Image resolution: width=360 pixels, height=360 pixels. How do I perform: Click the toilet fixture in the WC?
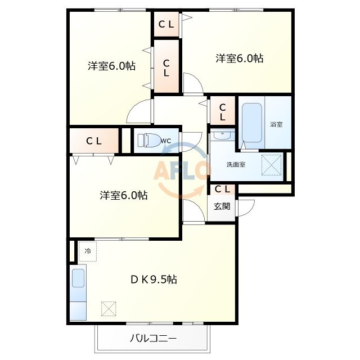[x=148, y=140]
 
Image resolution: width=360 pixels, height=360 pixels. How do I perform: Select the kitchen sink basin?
[x=78, y=278]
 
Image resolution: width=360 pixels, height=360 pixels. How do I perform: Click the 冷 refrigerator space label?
[x=88, y=251]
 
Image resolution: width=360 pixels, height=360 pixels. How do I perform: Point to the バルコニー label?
[x=154, y=338]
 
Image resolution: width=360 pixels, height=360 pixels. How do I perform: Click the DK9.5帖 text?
[x=154, y=280]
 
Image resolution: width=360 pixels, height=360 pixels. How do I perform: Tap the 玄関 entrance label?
[x=222, y=206]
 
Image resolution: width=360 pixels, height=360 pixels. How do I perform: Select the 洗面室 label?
[x=236, y=164]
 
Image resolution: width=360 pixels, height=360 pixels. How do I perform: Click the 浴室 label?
[x=276, y=124]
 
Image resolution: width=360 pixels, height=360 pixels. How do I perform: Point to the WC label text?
[x=166, y=141]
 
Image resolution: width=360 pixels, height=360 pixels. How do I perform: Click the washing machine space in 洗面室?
[x=272, y=165]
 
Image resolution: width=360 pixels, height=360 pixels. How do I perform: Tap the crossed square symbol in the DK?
[x=109, y=309]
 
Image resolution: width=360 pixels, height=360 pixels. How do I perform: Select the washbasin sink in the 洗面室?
[x=222, y=135]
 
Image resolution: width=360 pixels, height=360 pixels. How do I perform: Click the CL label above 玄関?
[x=222, y=189]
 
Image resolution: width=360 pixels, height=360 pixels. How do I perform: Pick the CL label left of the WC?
[x=94, y=141]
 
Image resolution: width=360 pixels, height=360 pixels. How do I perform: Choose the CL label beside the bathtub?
[x=222, y=112]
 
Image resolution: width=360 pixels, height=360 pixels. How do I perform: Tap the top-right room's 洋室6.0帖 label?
[x=239, y=58]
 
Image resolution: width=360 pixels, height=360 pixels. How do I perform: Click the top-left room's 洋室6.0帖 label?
[x=111, y=66]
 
